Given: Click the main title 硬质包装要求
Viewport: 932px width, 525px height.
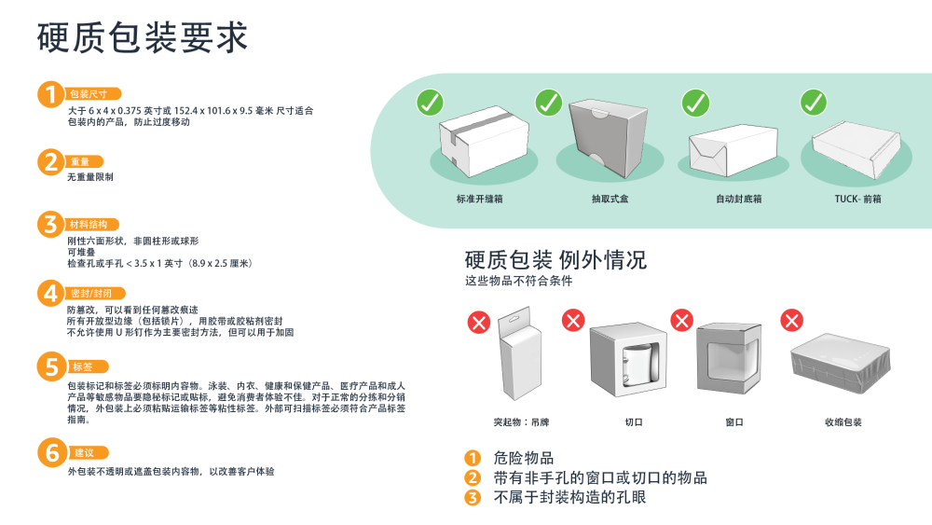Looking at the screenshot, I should tap(143, 37).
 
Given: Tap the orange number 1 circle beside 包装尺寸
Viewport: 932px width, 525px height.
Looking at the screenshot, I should tap(49, 94).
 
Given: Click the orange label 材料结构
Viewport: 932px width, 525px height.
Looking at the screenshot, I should tap(93, 225).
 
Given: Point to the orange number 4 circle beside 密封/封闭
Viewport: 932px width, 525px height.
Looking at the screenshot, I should tap(49, 294).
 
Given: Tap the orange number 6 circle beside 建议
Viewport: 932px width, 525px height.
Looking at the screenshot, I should tap(49, 454).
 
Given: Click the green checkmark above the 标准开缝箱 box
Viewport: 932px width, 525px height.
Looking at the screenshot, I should tap(430, 102).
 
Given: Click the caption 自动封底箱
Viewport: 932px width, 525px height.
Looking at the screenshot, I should tap(739, 200).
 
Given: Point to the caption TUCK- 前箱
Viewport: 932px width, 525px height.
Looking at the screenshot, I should tap(858, 200).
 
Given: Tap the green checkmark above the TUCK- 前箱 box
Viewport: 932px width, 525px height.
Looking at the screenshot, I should tap(814, 102).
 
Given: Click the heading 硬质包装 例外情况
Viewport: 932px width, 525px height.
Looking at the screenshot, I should tap(555, 259).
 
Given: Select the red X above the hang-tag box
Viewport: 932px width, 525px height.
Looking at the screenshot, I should tap(479, 323).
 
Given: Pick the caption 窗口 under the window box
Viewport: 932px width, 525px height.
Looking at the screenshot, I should tap(734, 422).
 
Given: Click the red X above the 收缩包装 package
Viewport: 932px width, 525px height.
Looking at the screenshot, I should tap(792, 321).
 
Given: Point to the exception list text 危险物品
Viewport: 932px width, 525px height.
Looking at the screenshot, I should tap(524, 458).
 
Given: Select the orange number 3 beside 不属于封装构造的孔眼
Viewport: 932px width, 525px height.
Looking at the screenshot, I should tap(473, 497).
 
